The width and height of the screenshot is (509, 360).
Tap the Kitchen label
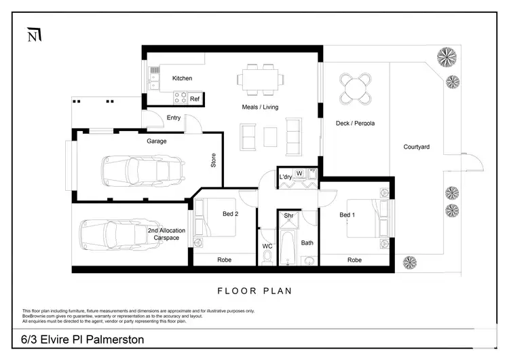point(182,79)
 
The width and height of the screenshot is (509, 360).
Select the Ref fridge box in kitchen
point(195,99)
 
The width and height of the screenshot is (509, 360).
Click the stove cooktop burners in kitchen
point(181,98)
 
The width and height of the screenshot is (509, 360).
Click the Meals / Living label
point(260,107)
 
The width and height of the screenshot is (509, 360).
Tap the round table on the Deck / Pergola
point(356,87)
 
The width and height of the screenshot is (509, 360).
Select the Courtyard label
point(416,147)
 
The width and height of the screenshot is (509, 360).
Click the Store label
point(213,160)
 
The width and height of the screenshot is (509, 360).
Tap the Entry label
point(174,118)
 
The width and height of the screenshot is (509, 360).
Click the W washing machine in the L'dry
point(299,173)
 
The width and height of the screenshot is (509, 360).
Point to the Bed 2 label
point(231,215)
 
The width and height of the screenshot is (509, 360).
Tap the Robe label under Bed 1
point(354,260)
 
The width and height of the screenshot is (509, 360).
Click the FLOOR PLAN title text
point(254,291)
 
